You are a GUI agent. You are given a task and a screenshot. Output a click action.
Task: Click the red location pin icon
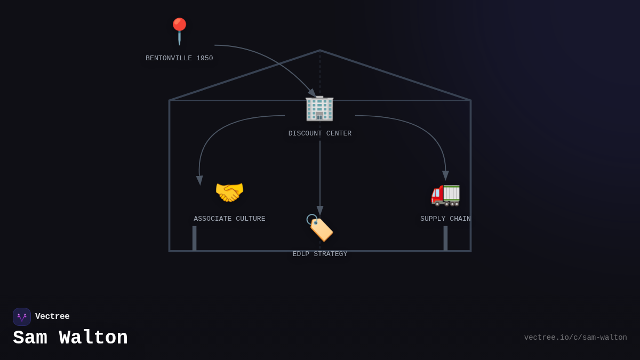coord(179,30)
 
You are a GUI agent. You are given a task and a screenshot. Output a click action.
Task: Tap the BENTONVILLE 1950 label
coord(179,59)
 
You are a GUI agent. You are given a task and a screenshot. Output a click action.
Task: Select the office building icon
coord(319,108)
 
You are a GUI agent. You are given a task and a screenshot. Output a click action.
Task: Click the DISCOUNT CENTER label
coord(320,134)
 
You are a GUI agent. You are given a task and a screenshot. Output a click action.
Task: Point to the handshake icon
coord(229,192)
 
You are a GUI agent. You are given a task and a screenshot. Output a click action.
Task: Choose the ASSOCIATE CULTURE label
coord(229,219)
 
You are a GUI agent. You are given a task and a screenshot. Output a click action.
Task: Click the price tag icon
coord(319,228)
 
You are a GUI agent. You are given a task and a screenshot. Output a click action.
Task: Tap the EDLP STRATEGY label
coord(320,254)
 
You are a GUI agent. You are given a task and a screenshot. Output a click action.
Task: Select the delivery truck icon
coord(445,194)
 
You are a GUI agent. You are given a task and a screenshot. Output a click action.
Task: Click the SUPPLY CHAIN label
coord(445,219)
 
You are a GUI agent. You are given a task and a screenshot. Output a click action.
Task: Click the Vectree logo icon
coord(22,317)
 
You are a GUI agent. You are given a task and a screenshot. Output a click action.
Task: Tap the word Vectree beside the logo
coord(52,317)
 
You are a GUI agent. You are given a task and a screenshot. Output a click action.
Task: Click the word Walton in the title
coord(93,338)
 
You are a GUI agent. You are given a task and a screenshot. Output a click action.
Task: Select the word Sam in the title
coord(30,338)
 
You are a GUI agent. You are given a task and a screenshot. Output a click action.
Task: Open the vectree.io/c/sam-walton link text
coord(575,338)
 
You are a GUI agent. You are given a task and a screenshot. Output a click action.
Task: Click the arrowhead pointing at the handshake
coord(199,180)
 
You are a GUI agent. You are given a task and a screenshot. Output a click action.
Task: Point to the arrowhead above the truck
coord(445,175)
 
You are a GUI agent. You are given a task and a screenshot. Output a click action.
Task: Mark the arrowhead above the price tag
coord(320,211)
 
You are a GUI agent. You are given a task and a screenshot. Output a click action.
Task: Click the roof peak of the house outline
coord(320,51)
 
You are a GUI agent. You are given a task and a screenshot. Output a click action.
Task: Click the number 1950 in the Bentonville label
coord(205,59)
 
